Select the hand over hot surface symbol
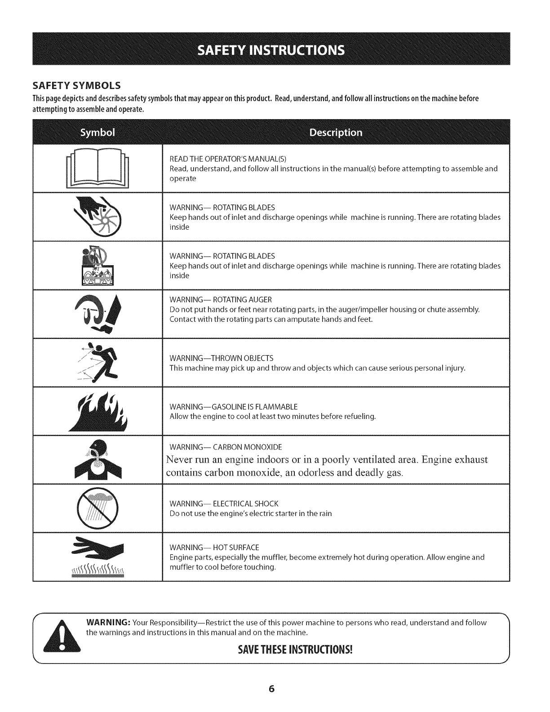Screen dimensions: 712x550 [98, 556]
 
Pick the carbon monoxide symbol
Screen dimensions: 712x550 [98, 460]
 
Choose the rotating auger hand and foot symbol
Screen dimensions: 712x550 [98, 314]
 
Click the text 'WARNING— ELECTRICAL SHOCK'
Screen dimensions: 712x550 [224, 503]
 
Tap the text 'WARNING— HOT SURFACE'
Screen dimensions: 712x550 [214, 547]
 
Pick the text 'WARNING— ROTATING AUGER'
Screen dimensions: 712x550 [221, 300]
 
